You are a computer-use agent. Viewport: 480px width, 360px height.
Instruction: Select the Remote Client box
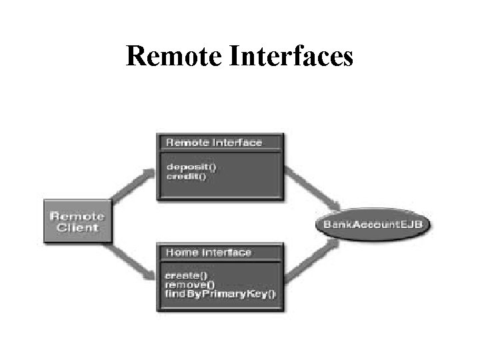coord(77,221)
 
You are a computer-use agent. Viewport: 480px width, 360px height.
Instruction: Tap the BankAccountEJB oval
coord(373,223)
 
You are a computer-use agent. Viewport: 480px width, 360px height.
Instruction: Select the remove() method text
coord(186,284)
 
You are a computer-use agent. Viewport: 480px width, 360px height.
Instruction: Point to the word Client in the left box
coord(77,227)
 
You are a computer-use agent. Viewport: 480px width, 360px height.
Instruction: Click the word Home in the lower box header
coord(181,253)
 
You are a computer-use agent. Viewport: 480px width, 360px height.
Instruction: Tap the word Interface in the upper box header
coord(238,142)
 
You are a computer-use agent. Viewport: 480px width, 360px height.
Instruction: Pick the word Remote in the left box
coord(77,216)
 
